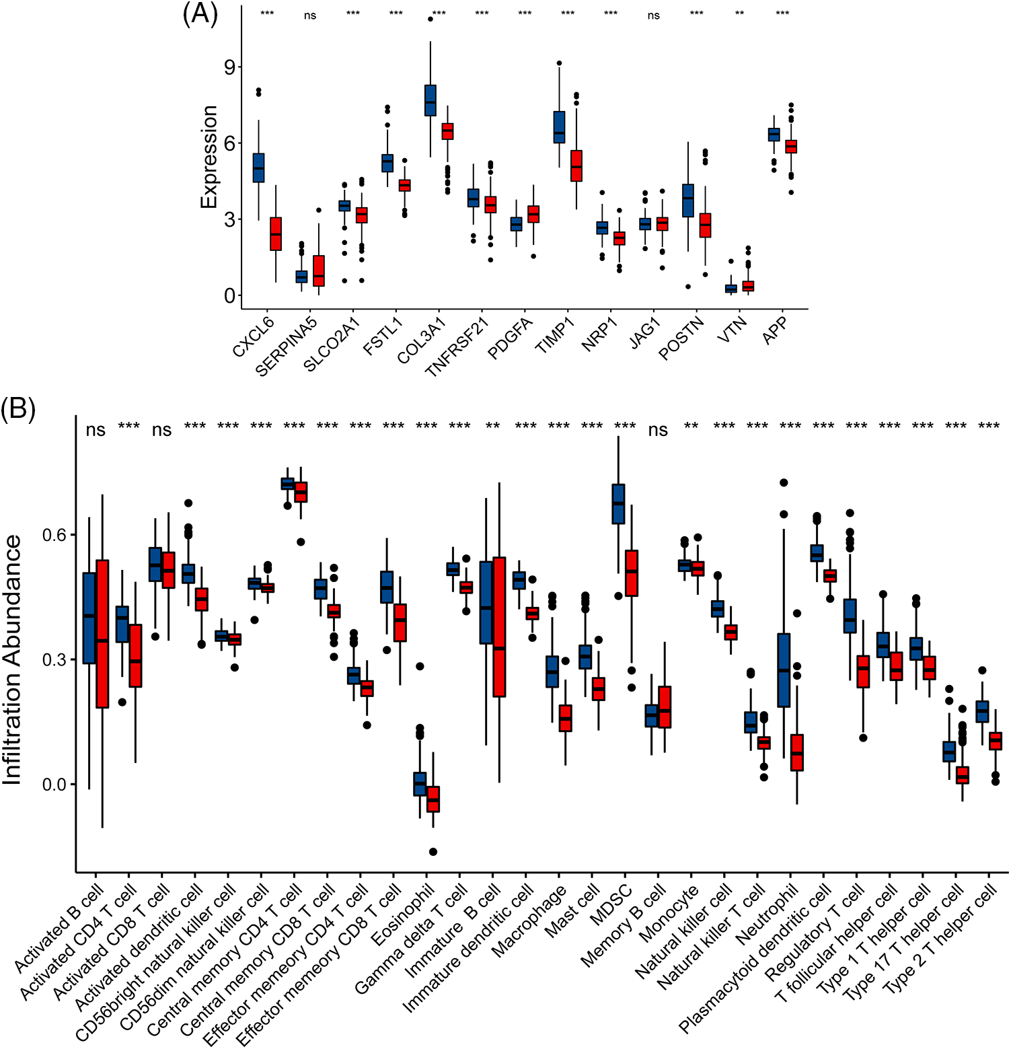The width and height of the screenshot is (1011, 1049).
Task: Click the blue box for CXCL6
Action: click(x=258, y=168)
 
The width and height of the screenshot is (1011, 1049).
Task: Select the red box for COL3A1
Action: click(x=447, y=131)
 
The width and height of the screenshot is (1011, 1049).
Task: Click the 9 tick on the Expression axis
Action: click(x=231, y=67)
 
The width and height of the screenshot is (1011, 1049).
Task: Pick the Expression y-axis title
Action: click(x=210, y=157)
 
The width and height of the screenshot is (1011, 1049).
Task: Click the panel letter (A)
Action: click(x=200, y=14)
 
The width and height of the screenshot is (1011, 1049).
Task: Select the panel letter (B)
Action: click(x=18, y=408)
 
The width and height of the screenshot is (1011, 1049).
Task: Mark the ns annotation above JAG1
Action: click(x=654, y=15)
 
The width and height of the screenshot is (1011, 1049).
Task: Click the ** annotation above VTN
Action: click(x=739, y=14)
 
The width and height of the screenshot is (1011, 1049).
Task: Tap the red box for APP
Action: click(x=791, y=147)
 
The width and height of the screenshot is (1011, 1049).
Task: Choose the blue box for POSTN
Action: click(x=687, y=201)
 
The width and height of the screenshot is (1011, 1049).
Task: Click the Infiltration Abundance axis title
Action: click(x=13, y=659)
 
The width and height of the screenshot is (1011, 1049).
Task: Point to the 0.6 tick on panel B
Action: click(x=55, y=535)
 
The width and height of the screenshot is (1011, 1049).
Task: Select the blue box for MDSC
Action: click(x=618, y=503)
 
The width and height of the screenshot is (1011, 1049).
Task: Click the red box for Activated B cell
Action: click(x=102, y=633)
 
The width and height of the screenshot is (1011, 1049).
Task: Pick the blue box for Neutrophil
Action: click(x=784, y=670)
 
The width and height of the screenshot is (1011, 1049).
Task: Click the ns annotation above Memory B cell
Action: click(x=658, y=430)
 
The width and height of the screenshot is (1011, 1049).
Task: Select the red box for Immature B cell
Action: click(x=499, y=626)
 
